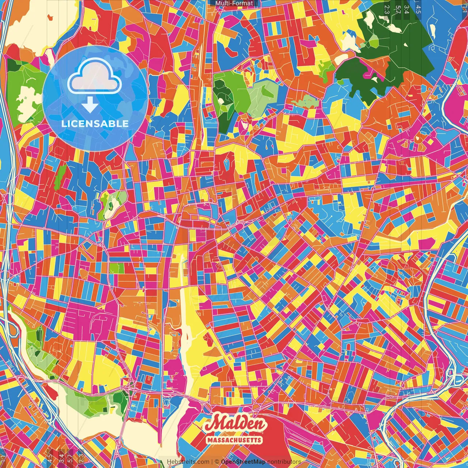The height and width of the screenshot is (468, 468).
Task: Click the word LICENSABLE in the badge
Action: click(x=95, y=124)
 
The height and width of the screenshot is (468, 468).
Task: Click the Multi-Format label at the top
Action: click(x=234, y=3)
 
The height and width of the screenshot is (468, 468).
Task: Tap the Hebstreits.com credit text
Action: click(x=188, y=462)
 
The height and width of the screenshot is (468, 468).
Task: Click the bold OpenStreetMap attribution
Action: click(x=243, y=462)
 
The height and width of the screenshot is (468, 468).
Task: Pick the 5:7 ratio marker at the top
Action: click(x=397, y=9)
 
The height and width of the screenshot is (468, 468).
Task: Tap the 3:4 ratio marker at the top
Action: click(x=406, y=9)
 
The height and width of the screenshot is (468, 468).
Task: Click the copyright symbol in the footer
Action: click(x=217, y=462)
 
